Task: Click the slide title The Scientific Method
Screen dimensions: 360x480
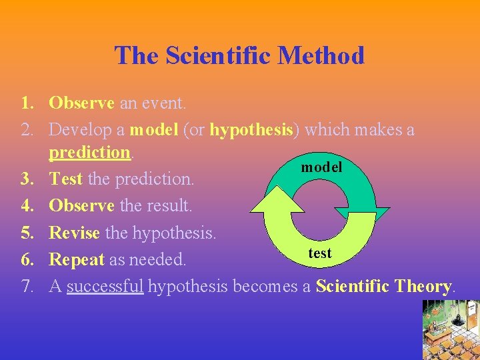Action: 239,55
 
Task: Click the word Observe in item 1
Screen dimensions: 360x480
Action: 81,103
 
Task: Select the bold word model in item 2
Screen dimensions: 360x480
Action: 153,129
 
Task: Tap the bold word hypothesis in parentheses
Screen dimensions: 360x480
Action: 251,129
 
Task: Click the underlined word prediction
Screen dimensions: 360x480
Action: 90,153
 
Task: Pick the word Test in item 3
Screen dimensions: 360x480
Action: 65,179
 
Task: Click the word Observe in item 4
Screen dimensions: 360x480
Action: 81,206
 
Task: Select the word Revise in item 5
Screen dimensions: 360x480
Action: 75,233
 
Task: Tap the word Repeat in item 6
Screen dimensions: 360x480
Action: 76,260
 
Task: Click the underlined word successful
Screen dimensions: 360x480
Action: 105,287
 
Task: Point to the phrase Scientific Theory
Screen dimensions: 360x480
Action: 384,287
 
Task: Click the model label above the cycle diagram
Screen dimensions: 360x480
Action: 321,167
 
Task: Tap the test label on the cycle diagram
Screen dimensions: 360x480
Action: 320,254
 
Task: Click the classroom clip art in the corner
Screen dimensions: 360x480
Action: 451,330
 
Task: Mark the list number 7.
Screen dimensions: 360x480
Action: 28,287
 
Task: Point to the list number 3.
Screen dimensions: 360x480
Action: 28,179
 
